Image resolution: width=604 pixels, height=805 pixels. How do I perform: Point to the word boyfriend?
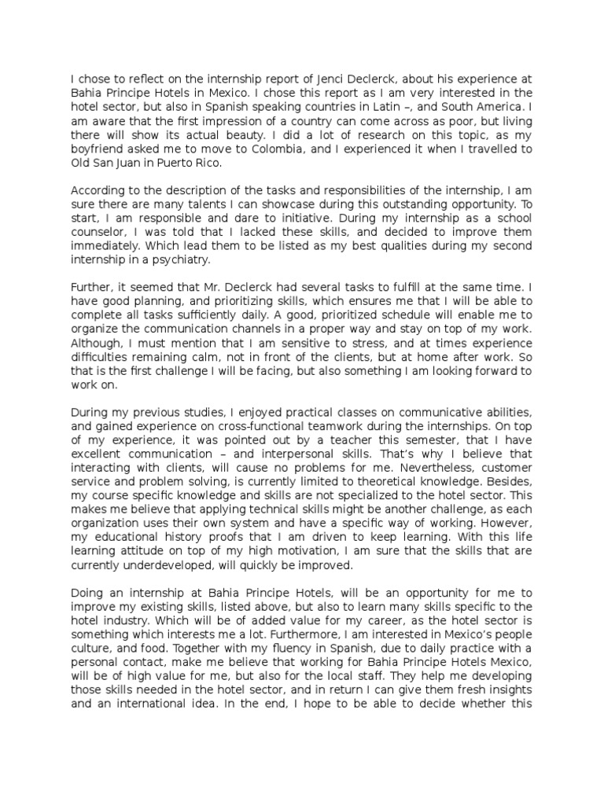(x=98, y=149)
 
